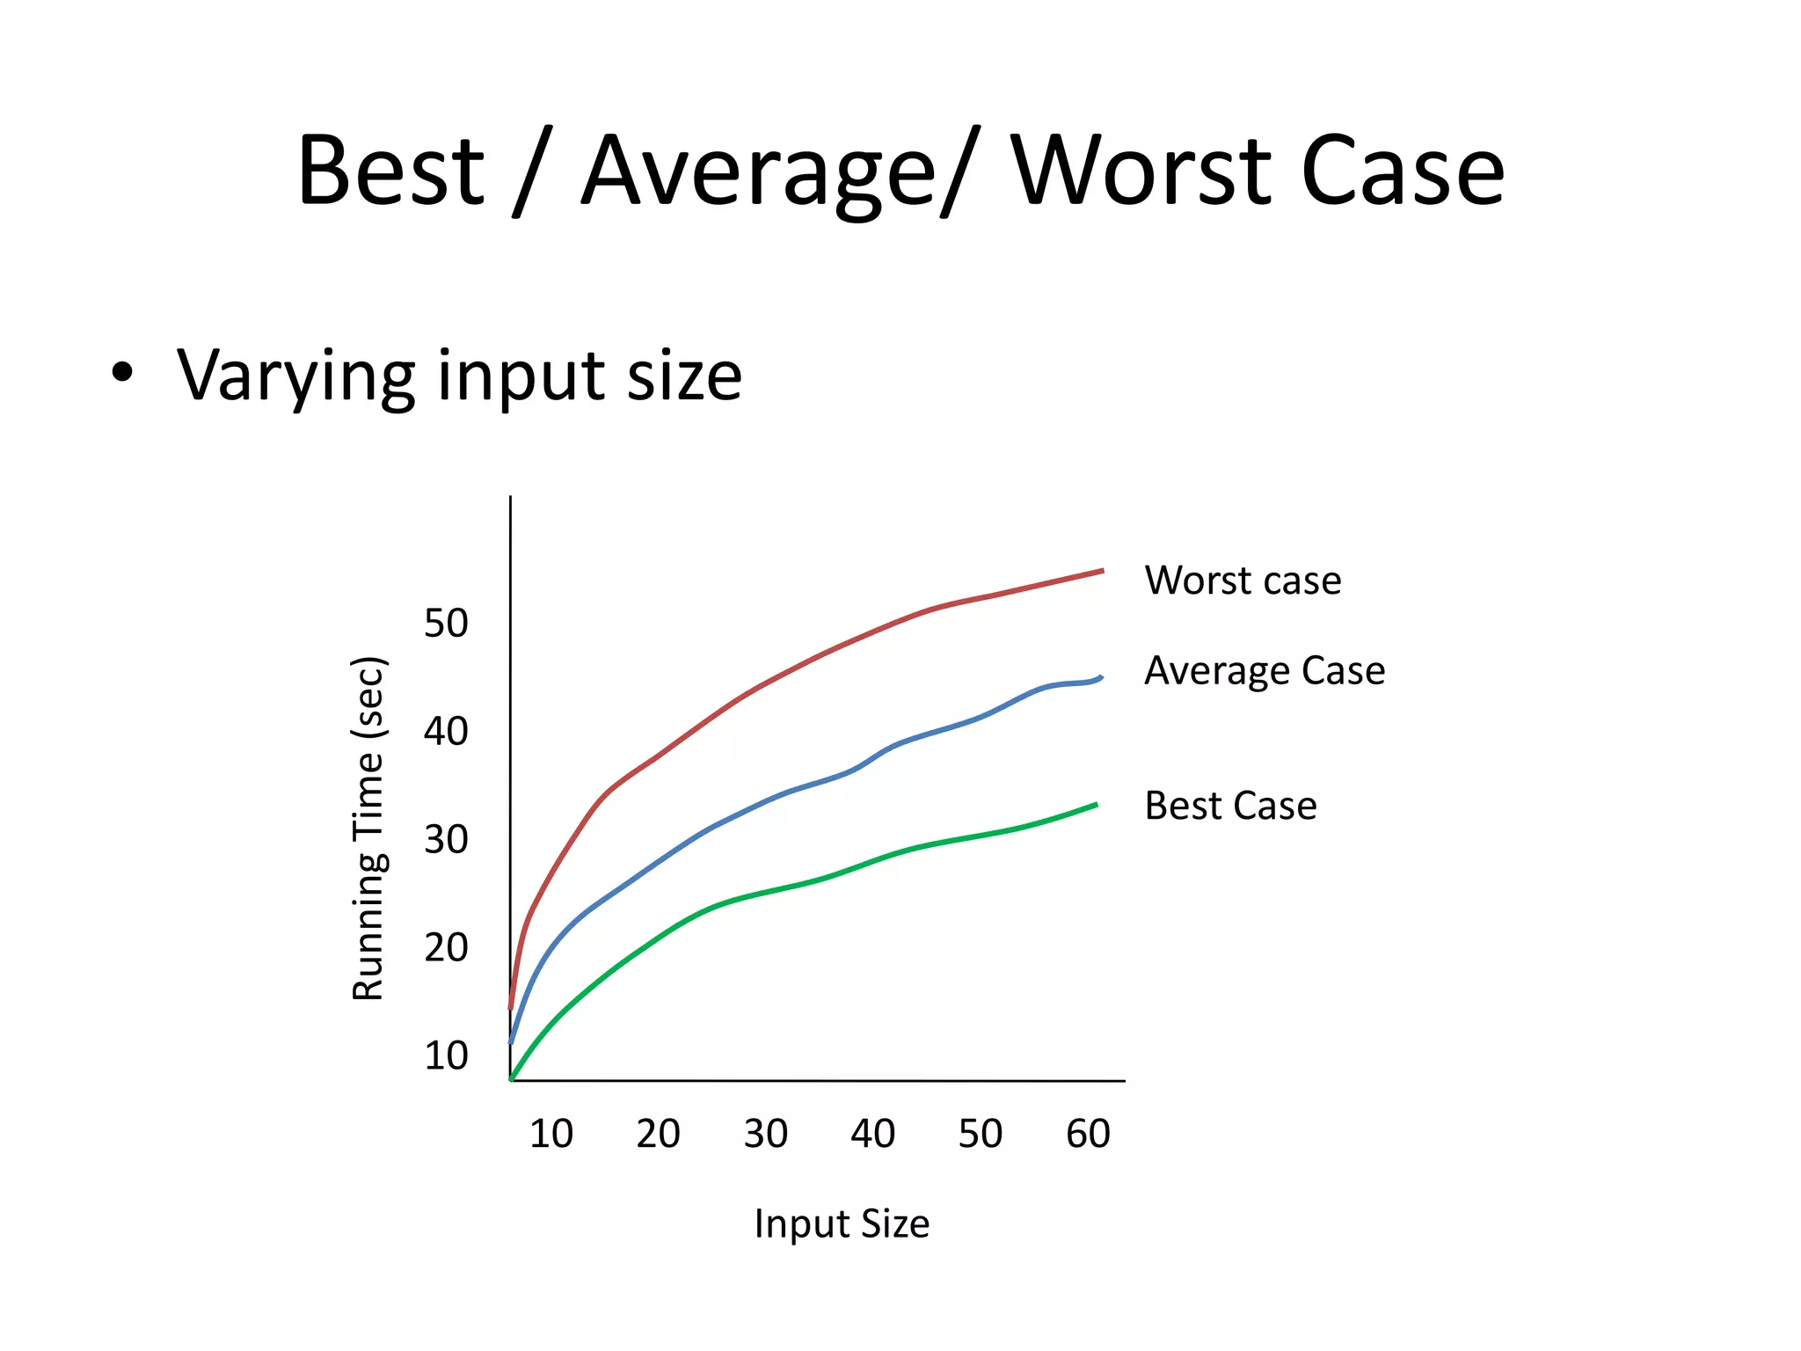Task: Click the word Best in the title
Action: [390, 171]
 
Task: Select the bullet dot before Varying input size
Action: [122, 372]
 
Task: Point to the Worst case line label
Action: [1243, 581]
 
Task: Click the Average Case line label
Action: [1265, 670]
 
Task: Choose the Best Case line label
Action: [1230, 806]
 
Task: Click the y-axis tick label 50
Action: [446, 624]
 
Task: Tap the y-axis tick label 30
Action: [446, 840]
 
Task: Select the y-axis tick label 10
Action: [446, 1055]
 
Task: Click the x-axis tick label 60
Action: [1088, 1134]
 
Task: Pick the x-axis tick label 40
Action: [872, 1134]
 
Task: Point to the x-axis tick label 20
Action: [658, 1134]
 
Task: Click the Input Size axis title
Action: [842, 1223]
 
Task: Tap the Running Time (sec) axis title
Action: [368, 829]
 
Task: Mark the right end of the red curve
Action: [1102, 571]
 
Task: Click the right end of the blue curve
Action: [1101, 677]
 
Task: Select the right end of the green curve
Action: [1096, 805]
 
